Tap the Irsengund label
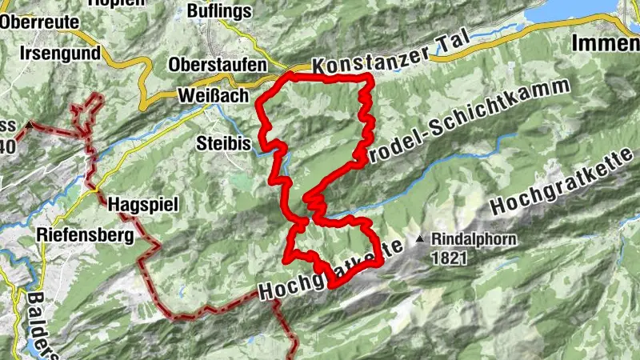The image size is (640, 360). click(61, 53)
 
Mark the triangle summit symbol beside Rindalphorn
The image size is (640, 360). click(420, 238)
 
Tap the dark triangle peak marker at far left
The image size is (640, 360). click(29, 124)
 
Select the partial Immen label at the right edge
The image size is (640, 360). click(606, 44)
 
